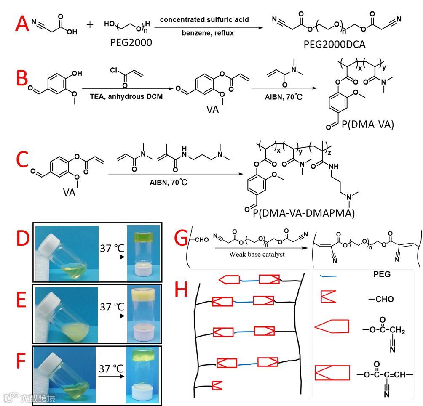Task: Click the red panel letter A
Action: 22,24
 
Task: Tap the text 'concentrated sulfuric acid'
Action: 205,19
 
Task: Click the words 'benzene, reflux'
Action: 205,33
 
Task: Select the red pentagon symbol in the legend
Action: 332,327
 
